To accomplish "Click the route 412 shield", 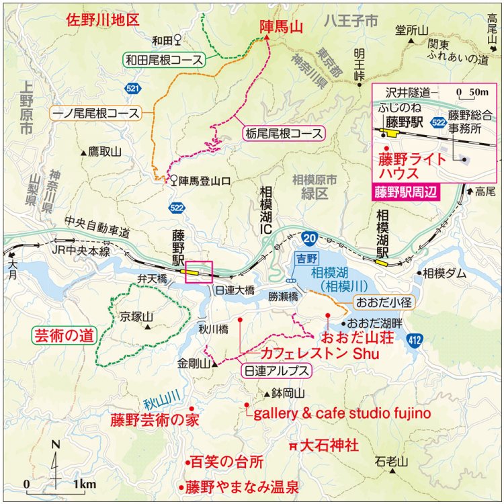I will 415,343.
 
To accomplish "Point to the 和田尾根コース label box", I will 163,60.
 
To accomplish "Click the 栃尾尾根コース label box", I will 282,133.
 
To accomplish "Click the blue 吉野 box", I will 306,258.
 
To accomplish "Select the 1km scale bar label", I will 85,484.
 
